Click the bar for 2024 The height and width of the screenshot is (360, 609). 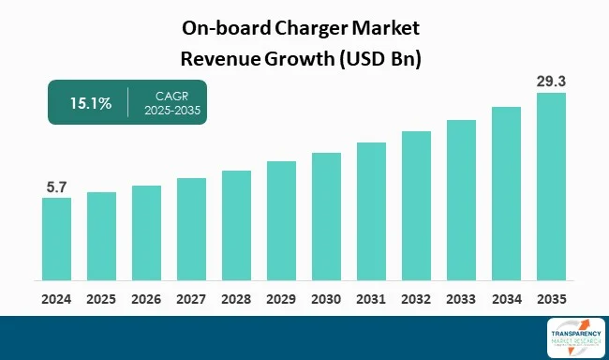tap(56, 239)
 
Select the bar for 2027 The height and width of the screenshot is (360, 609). tap(191, 230)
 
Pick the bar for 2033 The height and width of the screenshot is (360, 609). tap(461, 201)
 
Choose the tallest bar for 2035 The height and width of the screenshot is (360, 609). tap(551, 187)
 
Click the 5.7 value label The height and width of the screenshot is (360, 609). tap(56, 187)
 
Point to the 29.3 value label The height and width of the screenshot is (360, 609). tap(551, 81)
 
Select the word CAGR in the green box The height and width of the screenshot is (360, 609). tap(171, 95)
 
